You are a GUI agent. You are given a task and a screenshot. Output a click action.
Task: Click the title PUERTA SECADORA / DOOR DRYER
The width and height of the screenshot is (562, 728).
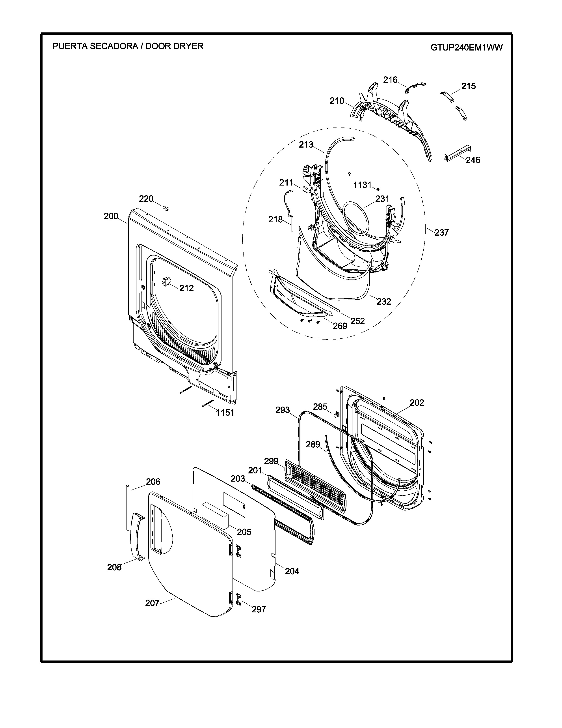pyautogui.click(x=128, y=46)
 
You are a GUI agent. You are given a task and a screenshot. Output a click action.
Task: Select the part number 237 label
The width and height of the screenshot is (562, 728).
pyautogui.click(x=441, y=232)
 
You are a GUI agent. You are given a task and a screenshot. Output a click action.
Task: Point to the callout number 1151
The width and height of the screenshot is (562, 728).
pyautogui.click(x=225, y=413)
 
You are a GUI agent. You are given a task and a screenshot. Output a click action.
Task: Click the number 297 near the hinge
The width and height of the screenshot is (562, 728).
pyautogui.click(x=259, y=609)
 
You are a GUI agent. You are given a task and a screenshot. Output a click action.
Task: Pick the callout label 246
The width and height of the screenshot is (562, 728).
pyautogui.click(x=473, y=160)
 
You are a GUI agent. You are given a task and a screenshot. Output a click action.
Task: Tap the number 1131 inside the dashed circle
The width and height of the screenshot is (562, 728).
pyautogui.click(x=362, y=185)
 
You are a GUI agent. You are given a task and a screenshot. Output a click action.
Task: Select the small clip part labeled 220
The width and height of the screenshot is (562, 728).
pyautogui.click(x=166, y=208)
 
